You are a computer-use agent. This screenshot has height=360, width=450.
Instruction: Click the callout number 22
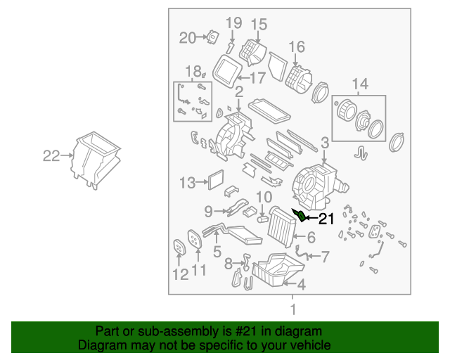(x=51, y=156)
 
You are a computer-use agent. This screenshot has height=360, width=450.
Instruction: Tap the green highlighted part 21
(x=297, y=215)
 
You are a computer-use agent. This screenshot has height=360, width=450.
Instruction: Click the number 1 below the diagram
(x=293, y=308)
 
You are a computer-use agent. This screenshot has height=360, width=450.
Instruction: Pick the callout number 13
(x=186, y=184)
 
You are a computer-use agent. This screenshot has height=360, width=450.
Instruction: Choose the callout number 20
(x=187, y=38)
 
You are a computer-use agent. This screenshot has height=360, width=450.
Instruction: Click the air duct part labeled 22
(x=95, y=159)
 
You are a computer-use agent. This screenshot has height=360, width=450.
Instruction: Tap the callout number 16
(x=297, y=48)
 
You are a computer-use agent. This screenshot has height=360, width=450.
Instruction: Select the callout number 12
(x=180, y=274)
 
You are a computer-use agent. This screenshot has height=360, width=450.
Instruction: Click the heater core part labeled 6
(x=283, y=226)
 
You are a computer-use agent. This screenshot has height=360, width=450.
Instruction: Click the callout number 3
(x=324, y=143)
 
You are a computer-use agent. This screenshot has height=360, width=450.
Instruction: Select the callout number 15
(x=259, y=25)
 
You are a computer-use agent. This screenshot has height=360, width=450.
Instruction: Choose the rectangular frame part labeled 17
(x=226, y=70)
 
